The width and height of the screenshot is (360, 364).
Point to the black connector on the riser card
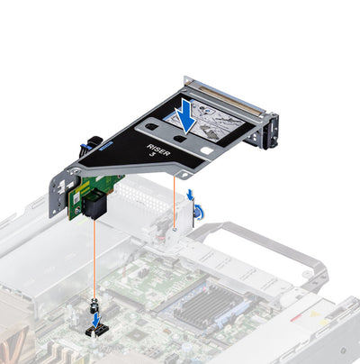[x=94, y=206]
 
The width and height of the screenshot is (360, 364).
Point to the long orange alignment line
[x=94, y=261]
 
